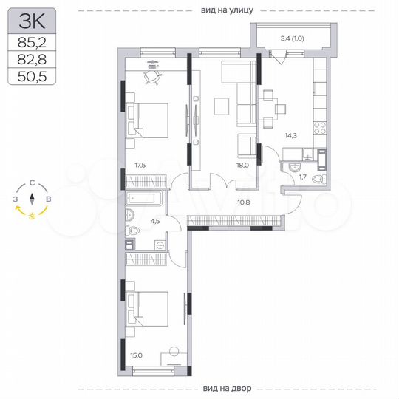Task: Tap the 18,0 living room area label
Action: click(x=242, y=166)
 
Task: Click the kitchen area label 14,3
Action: click(x=293, y=134)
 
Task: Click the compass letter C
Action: click(x=32, y=183)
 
